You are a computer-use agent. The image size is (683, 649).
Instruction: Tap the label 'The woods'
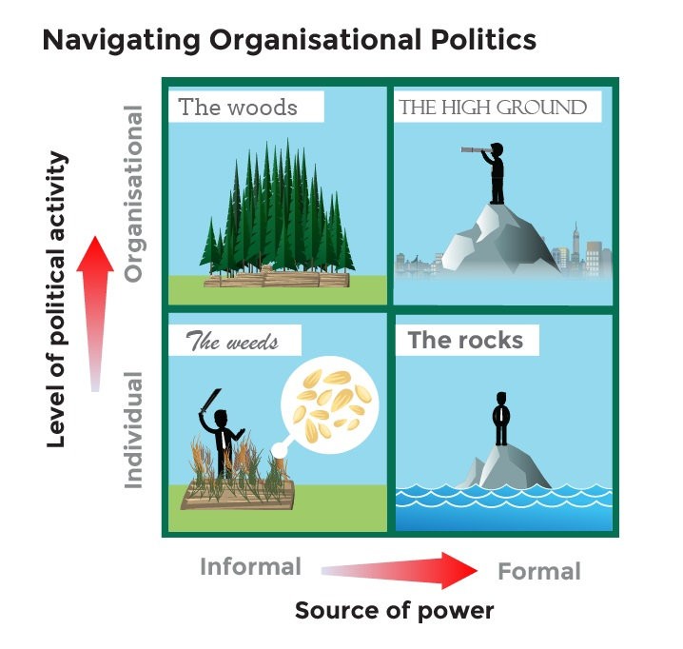(238, 107)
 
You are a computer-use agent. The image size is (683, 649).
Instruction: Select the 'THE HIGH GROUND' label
(493, 107)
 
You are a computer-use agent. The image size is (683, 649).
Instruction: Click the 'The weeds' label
(232, 341)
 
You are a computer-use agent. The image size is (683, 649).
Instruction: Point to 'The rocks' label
(465, 340)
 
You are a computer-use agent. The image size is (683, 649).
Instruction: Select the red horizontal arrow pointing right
(400, 569)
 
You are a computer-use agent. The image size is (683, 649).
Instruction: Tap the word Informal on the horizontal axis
(250, 567)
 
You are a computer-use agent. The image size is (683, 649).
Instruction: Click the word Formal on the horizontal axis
(538, 571)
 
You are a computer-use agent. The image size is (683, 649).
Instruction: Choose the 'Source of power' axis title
(394, 610)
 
